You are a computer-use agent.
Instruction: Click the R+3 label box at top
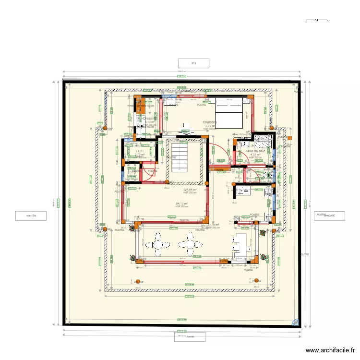coord(193,63)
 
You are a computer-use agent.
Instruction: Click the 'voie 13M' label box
coord(31,216)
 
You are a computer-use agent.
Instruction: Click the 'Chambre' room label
coord(210,122)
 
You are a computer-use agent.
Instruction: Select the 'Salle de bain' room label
coord(255,151)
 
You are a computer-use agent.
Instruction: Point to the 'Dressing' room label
coord(148,118)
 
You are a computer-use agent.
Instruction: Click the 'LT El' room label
coord(140,151)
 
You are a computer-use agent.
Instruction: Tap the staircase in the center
coord(181,158)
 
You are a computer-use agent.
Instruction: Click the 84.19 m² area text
coord(182,204)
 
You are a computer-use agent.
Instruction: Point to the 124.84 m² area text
coord(190,190)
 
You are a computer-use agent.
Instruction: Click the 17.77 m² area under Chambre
coord(209,126)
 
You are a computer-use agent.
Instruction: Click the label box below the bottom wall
coord(190,336)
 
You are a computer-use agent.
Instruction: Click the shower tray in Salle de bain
coord(263,142)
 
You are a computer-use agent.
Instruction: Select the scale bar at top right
coord(316,20)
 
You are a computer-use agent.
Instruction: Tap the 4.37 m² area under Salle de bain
coord(255,155)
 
